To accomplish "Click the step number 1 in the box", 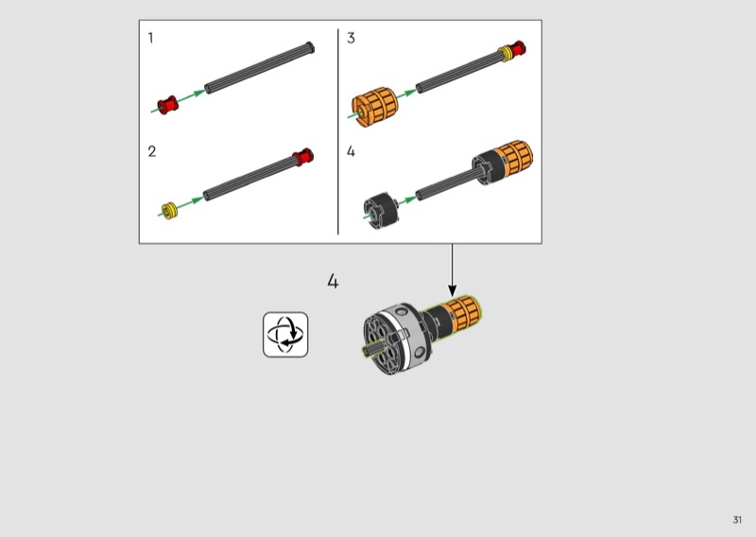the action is [x=151, y=38].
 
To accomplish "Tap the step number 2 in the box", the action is [x=152, y=151].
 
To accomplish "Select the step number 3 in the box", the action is [x=351, y=38].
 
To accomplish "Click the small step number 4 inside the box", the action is [x=351, y=151].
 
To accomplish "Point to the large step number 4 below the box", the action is [x=333, y=281].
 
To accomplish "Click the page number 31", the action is [x=737, y=520].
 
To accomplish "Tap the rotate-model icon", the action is [x=285, y=335].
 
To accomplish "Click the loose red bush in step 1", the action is [x=168, y=105].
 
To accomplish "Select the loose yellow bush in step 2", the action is [x=169, y=211].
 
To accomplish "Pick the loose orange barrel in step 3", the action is [x=375, y=106].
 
